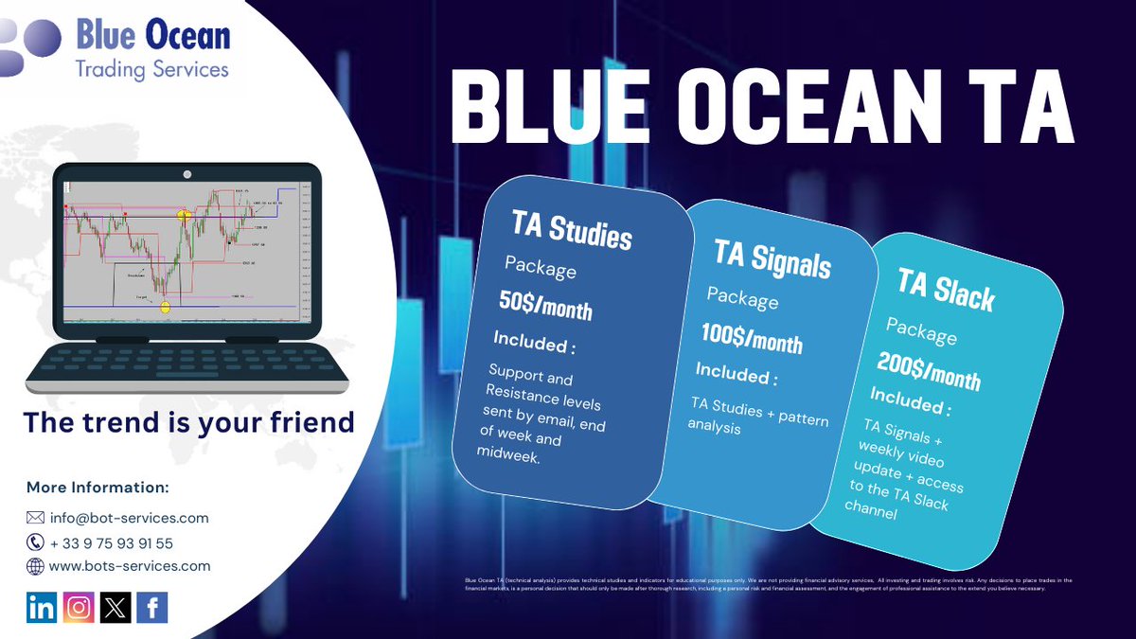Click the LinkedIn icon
tap(42, 608)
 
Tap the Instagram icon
tap(80, 608)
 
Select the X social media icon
tap(115, 608)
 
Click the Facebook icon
tap(152, 608)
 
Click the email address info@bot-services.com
tap(129, 518)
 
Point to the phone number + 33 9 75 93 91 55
tap(112, 542)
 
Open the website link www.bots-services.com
tap(130, 566)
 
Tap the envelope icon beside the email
tap(35, 518)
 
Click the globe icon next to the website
tap(35, 566)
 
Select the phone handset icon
tap(35, 542)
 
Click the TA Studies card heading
tap(572, 230)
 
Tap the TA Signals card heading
tap(772, 258)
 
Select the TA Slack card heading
tap(946, 291)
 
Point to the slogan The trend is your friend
tap(188, 421)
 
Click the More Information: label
tap(98, 488)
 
